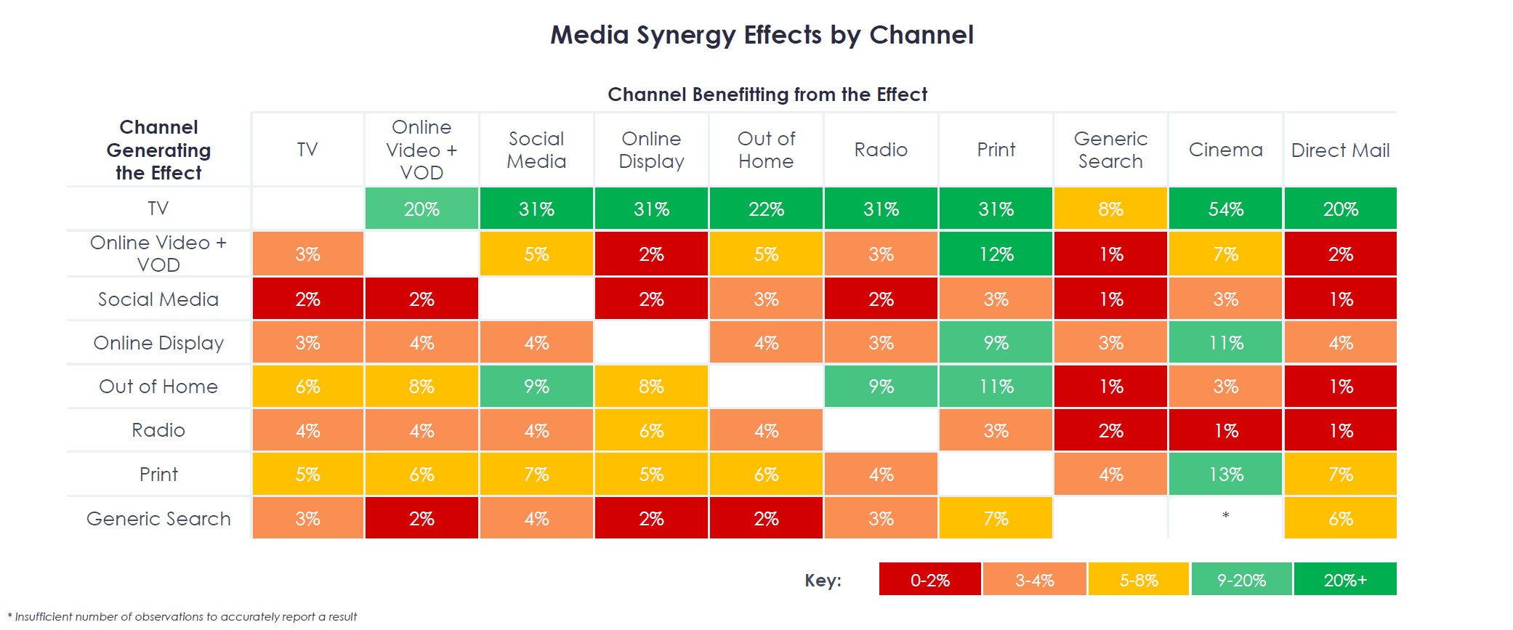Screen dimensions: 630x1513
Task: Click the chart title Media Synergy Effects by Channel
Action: point(762,35)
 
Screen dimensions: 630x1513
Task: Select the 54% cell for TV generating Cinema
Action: point(1225,209)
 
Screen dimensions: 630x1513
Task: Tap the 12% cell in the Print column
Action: point(996,254)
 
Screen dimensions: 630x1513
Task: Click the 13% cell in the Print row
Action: point(1225,474)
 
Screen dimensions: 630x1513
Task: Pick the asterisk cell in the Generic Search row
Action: point(1225,516)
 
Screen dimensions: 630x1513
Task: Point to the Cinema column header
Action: point(1225,150)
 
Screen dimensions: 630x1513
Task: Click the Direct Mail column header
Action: point(1340,150)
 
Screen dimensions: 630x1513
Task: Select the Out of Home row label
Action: point(158,387)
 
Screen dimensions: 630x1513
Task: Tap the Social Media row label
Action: point(158,299)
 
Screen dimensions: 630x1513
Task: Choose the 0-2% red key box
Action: point(929,580)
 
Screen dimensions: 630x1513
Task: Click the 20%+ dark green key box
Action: point(1344,580)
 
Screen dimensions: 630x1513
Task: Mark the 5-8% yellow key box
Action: point(1138,580)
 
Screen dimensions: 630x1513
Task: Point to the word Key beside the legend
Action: point(823,581)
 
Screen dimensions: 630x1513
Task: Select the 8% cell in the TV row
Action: point(1110,209)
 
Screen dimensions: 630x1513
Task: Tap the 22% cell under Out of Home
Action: point(766,209)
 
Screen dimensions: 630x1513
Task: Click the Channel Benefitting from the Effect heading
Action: point(767,94)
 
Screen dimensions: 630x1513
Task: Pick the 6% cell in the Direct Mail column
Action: point(1340,519)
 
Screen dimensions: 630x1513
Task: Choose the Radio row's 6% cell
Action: point(651,431)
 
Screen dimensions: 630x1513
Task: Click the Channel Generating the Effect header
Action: point(158,150)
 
